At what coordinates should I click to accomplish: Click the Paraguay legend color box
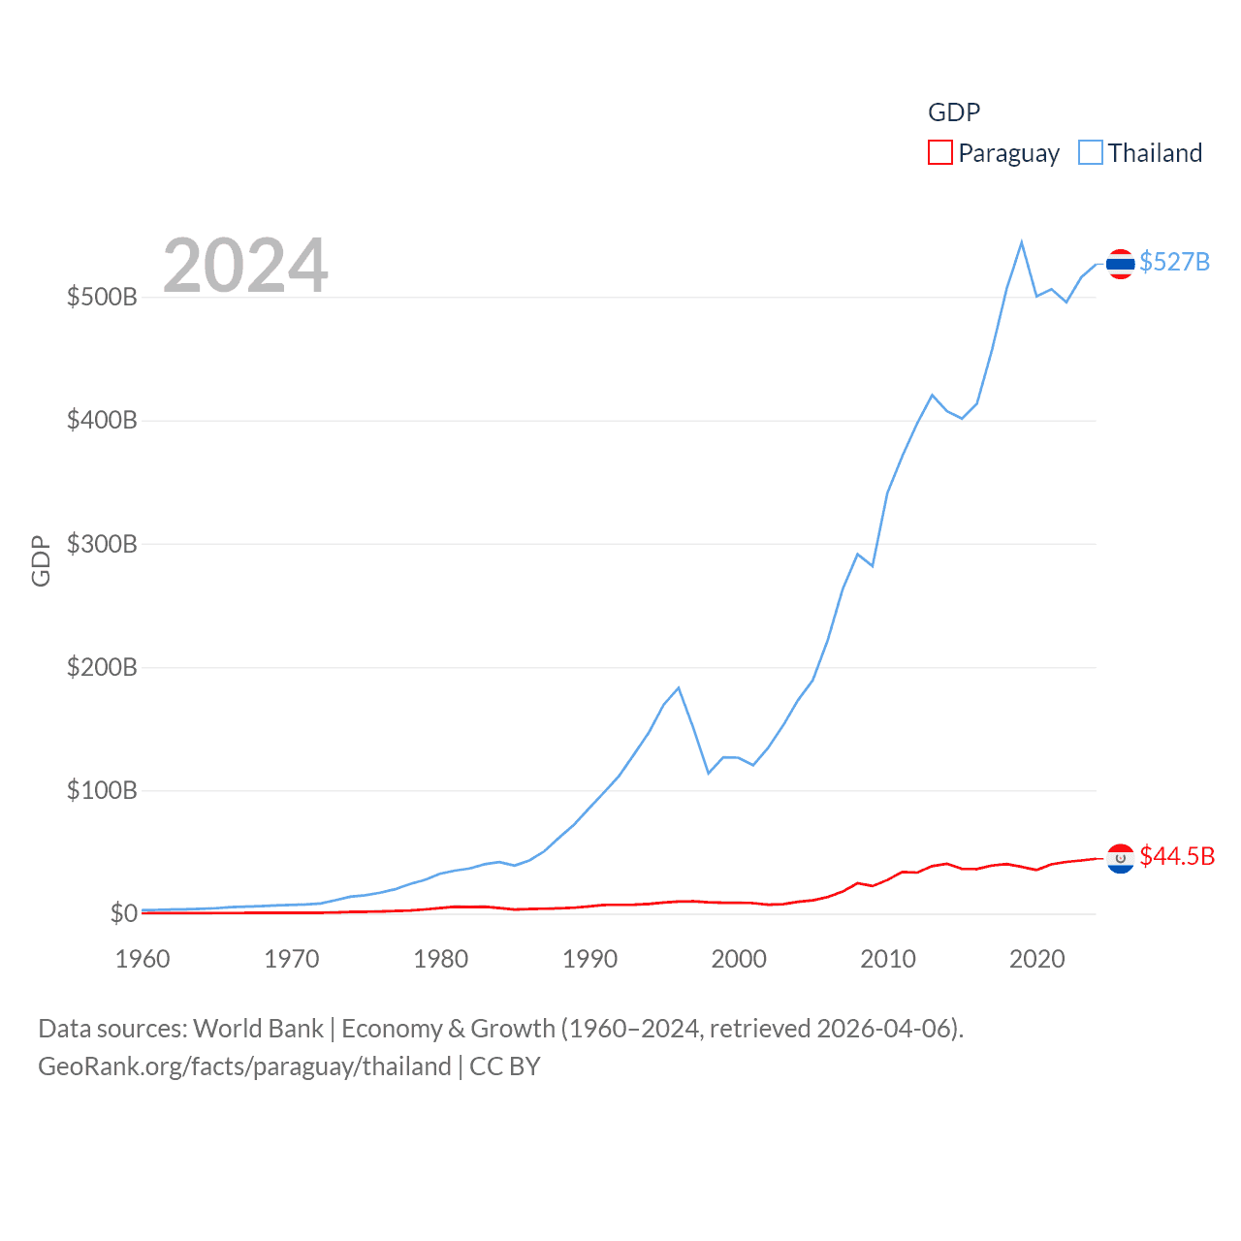pyautogui.click(x=939, y=152)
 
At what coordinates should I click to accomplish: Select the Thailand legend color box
pyautogui.click(x=1091, y=152)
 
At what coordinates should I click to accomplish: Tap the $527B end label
pyautogui.click(x=1174, y=262)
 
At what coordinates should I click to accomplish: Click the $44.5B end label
pyautogui.click(x=1177, y=856)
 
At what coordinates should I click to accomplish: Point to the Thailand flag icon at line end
pyautogui.click(x=1120, y=264)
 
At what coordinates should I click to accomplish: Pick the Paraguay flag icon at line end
pyautogui.click(x=1120, y=858)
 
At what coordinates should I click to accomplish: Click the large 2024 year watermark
pyautogui.click(x=245, y=266)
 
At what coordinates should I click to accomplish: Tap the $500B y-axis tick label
pyautogui.click(x=102, y=297)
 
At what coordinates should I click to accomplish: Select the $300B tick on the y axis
pyautogui.click(x=102, y=544)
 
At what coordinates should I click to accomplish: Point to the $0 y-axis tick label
pyautogui.click(x=123, y=913)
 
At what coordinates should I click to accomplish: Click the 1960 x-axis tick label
pyautogui.click(x=143, y=959)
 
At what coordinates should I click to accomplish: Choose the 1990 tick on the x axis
pyautogui.click(x=589, y=959)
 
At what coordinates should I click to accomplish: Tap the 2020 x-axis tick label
pyautogui.click(x=1036, y=959)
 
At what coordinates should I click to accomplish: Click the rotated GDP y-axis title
pyautogui.click(x=41, y=560)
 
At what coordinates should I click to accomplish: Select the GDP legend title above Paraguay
pyautogui.click(x=954, y=112)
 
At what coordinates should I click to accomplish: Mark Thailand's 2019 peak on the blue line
pyautogui.click(x=1022, y=242)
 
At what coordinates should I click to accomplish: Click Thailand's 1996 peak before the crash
pyautogui.click(x=679, y=688)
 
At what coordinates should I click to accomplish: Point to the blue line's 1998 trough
pyautogui.click(x=709, y=773)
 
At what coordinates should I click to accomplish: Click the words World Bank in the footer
pyautogui.click(x=258, y=1028)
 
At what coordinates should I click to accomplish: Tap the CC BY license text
pyautogui.click(x=504, y=1066)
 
